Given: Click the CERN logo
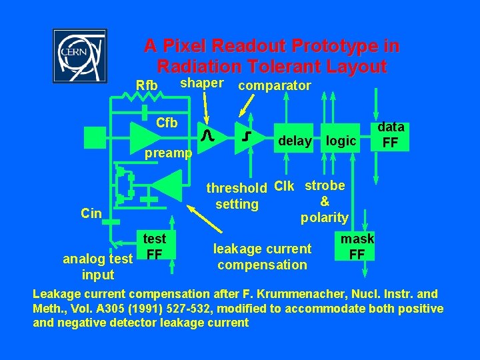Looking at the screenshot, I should (79, 56).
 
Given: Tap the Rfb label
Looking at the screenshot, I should (147, 85).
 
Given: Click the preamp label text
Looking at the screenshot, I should (169, 153).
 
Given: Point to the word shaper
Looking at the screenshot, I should (202, 82).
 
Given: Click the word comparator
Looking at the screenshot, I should (274, 85).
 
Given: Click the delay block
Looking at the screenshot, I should (295, 141).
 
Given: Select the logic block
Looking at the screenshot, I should (341, 141).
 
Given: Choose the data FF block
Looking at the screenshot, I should (391, 135).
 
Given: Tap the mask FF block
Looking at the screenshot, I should (357, 246).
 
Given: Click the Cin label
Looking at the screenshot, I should (91, 213).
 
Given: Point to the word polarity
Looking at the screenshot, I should (324, 218).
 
